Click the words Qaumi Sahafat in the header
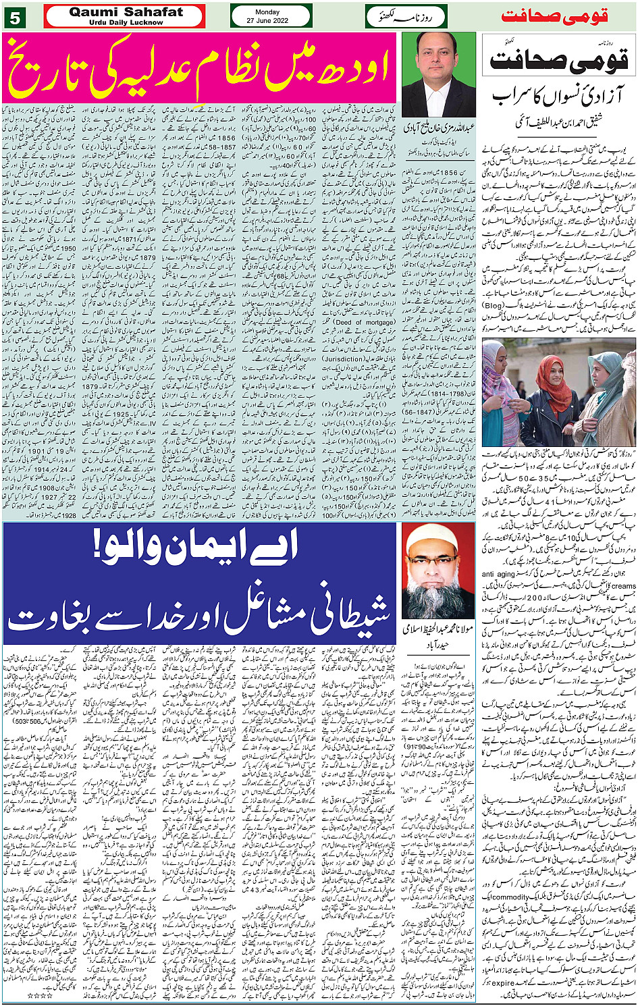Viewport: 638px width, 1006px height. tap(126, 12)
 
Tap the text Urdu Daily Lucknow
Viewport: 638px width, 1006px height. tap(126, 22)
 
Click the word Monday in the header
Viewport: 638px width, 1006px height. tap(267, 11)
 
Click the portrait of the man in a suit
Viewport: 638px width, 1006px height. tap(438, 74)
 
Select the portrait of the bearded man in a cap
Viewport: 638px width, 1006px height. tap(437, 572)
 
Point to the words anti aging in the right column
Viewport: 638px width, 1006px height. tap(498, 575)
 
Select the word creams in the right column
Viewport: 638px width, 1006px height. tap(624, 586)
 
